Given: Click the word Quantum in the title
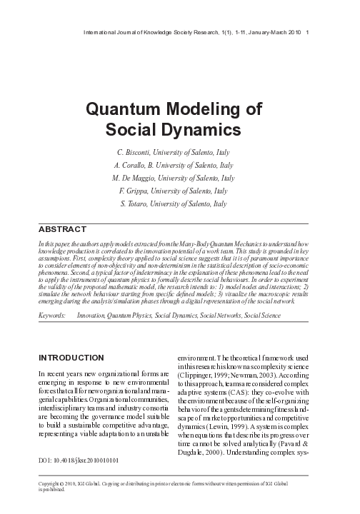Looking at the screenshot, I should coord(126,111).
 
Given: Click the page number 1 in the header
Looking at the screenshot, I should coord(307,33).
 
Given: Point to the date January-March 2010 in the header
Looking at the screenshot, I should coord(274,33).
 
